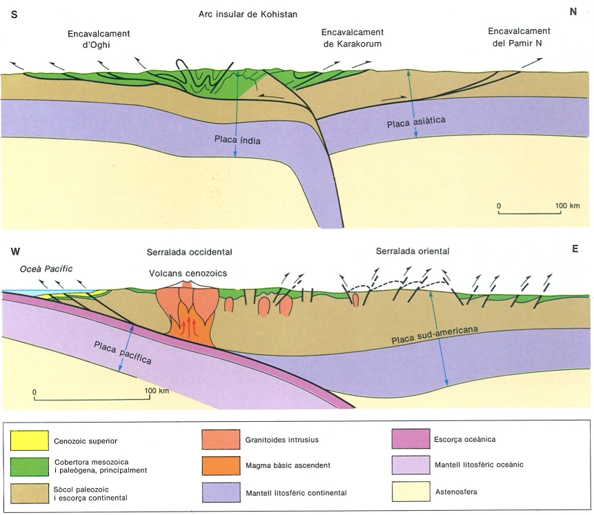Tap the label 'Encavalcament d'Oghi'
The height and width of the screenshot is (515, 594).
[99, 40]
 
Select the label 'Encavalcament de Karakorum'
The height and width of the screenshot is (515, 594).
[352, 39]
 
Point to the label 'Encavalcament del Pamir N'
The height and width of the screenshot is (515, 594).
[518, 37]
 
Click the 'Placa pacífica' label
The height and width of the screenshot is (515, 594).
[123, 351]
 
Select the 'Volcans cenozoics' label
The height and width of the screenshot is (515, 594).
[188, 273]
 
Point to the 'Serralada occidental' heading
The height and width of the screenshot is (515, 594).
[189, 252]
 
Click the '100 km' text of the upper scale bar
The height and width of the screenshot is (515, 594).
[566, 205]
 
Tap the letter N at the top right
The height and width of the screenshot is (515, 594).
[572, 12]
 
